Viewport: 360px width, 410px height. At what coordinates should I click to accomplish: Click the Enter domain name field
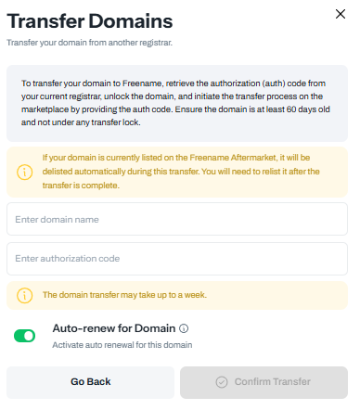(176, 219)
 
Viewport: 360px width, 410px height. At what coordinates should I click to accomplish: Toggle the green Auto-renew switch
(24, 335)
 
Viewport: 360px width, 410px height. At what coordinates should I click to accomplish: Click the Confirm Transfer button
(264, 381)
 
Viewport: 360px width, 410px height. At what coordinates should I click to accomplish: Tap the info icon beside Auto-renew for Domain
(184, 328)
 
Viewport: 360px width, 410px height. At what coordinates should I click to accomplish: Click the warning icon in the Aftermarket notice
(22, 171)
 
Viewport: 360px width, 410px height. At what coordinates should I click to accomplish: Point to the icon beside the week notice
(22, 296)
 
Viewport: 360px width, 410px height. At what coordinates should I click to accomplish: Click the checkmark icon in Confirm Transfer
(221, 381)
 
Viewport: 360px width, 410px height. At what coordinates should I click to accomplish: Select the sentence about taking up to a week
(124, 296)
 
